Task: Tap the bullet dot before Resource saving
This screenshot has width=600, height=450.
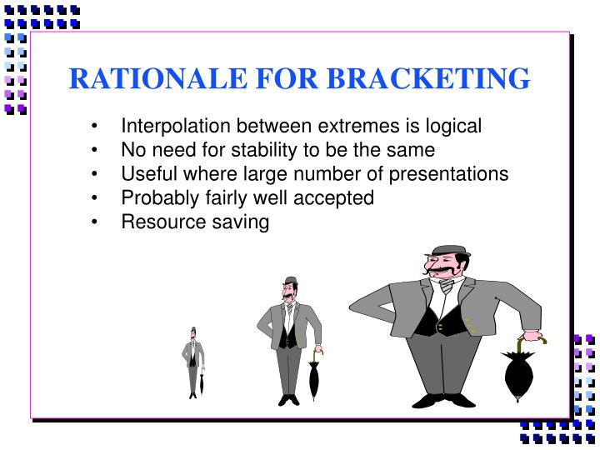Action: tap(99, 222)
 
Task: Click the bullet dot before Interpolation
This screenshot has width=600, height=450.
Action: tap(99, 127)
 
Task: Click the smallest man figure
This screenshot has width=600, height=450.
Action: tap(193, 362)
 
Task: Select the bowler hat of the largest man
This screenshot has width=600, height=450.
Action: tap(447, 251)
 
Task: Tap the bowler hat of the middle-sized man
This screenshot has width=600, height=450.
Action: tap(290, 281)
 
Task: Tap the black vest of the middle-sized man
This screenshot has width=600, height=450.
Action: tap(287, 333)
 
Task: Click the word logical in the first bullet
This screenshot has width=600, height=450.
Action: tap(454, 126)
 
